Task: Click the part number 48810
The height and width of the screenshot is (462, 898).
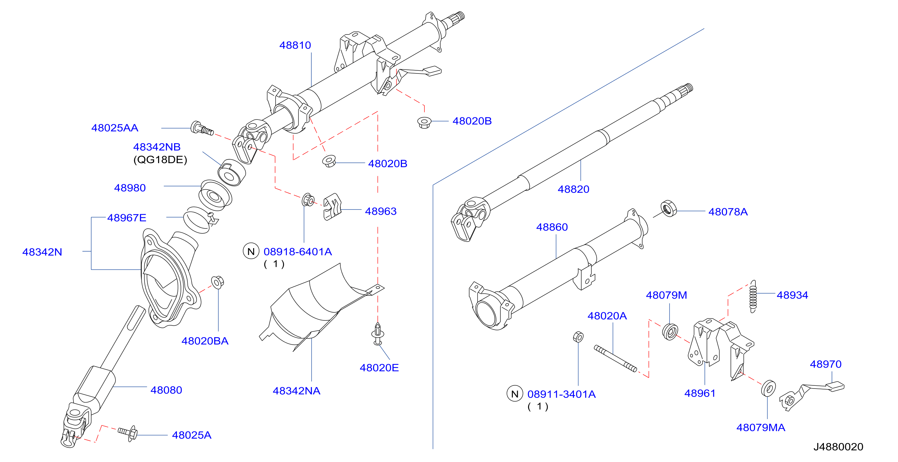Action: [295, 45]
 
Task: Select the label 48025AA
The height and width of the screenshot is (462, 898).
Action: [115, 128]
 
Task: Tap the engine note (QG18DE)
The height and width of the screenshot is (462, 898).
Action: [160, 160]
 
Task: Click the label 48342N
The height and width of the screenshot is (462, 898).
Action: [42, 252]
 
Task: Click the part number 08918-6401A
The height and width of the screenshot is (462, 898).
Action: [297, 252]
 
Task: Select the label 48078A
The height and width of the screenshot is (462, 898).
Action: [728, 212]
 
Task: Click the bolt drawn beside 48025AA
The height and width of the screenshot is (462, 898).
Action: [202, 128]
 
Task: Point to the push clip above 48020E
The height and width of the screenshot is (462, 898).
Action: [377, 333]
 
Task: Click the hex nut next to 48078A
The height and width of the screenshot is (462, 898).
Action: [668, 208]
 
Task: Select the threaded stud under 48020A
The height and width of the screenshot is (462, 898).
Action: [615, 359]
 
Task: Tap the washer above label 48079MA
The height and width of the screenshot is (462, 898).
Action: [768, 388]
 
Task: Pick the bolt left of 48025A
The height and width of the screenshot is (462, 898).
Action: [128, 433]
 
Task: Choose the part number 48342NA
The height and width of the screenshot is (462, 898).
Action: [296, 391]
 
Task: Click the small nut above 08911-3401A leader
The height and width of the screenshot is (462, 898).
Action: [578, 337]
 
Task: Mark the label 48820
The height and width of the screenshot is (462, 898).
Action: [574, 189]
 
